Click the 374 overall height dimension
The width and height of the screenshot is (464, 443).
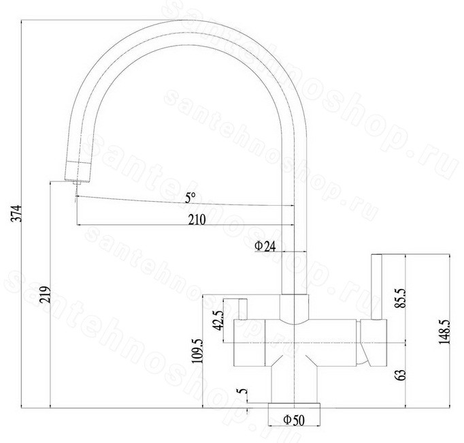pyautogui.click(x=16, y=213)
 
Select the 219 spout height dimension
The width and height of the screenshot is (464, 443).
pyautogui.click(x=45, y=294)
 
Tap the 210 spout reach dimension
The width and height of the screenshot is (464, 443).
pyautogui.click(x=197, y=220)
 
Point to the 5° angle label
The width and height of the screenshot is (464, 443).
pyautogui.click(x=190, y=198)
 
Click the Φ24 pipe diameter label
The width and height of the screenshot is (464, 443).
pyautogui.click(x=265, y=246)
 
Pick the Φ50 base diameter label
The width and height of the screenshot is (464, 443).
pyautogui.click(x=293, y=420)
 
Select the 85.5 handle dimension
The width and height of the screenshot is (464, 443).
pyautogui.click(x=401, y=298)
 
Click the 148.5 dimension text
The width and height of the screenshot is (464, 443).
pyautogui.click(x=444, y=331)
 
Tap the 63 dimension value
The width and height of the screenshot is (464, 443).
pyautogui.click(x=401, y=375)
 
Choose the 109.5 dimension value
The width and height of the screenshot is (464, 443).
pyautogui.click(x=197, y=351)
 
